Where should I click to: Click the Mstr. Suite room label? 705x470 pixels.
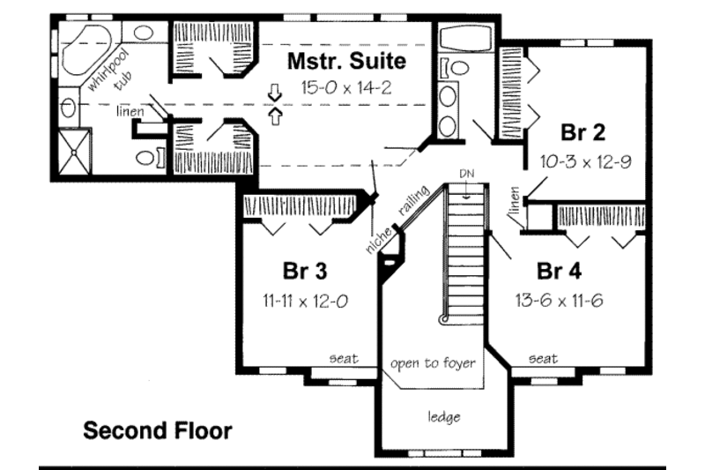pos(347,62)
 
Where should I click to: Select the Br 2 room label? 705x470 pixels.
pos(583,133)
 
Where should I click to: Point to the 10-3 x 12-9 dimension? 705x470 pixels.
pos(583,161)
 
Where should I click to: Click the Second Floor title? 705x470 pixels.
pos(158,431)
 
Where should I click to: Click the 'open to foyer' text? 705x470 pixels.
pos(434,362)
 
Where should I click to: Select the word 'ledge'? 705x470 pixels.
pos(443,417)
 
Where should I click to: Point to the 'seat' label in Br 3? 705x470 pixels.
pos(343,358)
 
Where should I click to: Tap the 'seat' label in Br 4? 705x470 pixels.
pos(543,358)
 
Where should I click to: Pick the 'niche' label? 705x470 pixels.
pos(375,236)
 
